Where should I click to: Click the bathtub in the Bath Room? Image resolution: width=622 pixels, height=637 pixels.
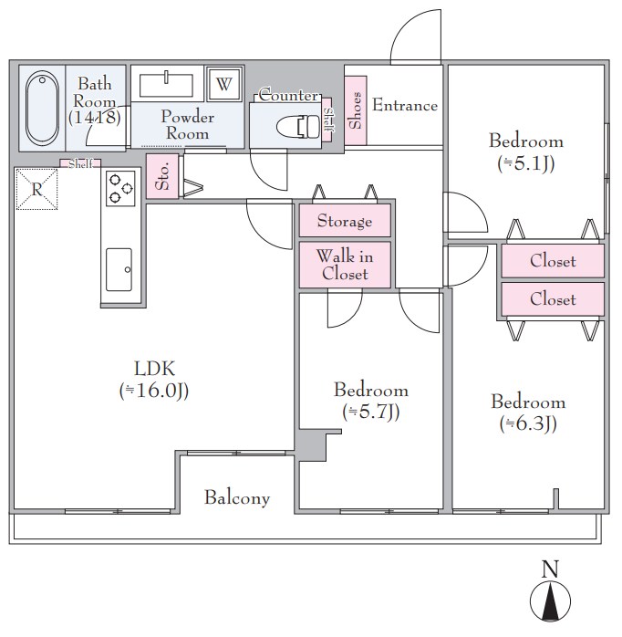42,108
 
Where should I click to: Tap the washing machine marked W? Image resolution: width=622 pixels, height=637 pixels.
224,84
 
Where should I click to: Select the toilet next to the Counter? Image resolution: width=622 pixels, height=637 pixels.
298,126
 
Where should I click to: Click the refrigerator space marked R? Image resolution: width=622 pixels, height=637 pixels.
36,189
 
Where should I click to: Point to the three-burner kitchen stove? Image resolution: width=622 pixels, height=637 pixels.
120,189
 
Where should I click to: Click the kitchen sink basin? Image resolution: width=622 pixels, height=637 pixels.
119,270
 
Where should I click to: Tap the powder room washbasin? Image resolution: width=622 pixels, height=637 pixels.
166,85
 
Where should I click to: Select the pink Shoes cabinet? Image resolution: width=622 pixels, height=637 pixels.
356,110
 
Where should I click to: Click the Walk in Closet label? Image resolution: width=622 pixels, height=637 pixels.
345,265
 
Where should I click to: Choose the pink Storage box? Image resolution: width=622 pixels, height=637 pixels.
345,221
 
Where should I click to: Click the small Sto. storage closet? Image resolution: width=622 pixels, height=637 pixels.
162,176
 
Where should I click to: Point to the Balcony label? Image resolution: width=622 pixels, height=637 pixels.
237,497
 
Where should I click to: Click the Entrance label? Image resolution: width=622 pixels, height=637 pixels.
405,105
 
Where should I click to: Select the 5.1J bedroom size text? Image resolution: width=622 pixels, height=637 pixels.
526,163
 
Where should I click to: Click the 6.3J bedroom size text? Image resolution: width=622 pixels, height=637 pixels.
528,423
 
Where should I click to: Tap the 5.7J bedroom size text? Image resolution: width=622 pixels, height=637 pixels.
371,412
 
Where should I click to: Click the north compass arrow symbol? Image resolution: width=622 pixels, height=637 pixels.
550,600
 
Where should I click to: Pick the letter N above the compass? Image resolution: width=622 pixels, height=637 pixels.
550,569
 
